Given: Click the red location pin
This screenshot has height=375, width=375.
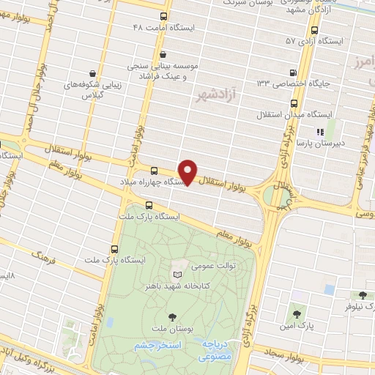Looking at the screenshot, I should [x=188, y=173].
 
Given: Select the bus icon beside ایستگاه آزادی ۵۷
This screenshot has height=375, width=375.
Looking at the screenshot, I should [x=314, y=31].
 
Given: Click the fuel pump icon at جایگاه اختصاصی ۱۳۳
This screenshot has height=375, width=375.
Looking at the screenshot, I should [x=294, y=73].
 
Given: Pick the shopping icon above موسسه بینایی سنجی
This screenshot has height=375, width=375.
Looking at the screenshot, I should [x=163, y=53].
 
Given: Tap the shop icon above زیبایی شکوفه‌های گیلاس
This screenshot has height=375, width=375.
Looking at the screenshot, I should [x=92, y=73].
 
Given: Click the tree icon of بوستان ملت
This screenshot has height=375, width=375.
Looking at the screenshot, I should [x=172, y=317].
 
